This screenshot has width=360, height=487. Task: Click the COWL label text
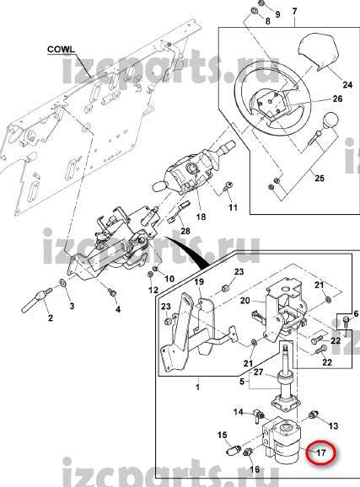tap(61, 50)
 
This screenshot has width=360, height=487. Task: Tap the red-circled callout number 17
tap(320, 452)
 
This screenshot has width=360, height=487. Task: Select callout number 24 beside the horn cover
tap(347, 84)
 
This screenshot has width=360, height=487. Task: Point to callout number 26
tap(337, 99)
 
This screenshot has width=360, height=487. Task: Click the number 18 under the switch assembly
tap(201, 217)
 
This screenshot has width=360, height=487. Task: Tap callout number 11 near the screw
tap(233, 207)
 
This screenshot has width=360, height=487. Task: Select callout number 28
tap(185, 231)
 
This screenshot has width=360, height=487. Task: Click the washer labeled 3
tap(62, 282)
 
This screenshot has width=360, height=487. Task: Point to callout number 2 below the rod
tap(51, 318)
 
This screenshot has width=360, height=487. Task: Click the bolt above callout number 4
tap(111, 292)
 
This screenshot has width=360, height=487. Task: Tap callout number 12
tap(153, 290)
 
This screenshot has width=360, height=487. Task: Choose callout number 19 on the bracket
tap(199, 281)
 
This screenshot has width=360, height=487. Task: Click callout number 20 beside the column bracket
tap(245, 301)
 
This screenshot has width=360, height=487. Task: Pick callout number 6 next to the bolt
tap(356, 313)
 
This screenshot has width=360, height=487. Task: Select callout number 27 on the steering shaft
tap(258, 372)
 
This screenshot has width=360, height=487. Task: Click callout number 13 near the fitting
tap(333, 425)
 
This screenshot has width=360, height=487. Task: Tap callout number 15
tap(223, 435)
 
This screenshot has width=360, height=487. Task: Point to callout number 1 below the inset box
tap(198, 388)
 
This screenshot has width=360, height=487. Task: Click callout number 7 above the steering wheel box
tap(294, 12)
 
